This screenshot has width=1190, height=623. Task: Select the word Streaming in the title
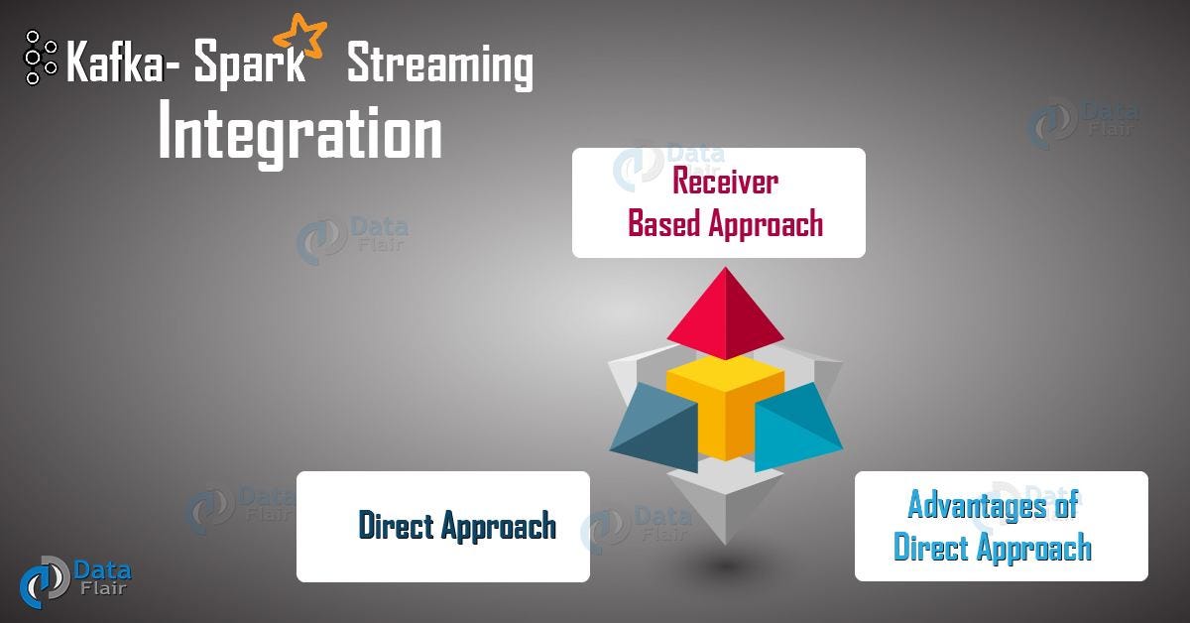point(439,66)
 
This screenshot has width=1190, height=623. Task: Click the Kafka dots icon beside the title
point(41,58)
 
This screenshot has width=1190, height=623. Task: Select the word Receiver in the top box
point(725,182)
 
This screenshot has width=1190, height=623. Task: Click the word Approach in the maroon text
point(766,224)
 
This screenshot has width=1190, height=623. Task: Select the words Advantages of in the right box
point(992,505)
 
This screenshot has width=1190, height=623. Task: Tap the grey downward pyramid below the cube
point(725,506)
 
